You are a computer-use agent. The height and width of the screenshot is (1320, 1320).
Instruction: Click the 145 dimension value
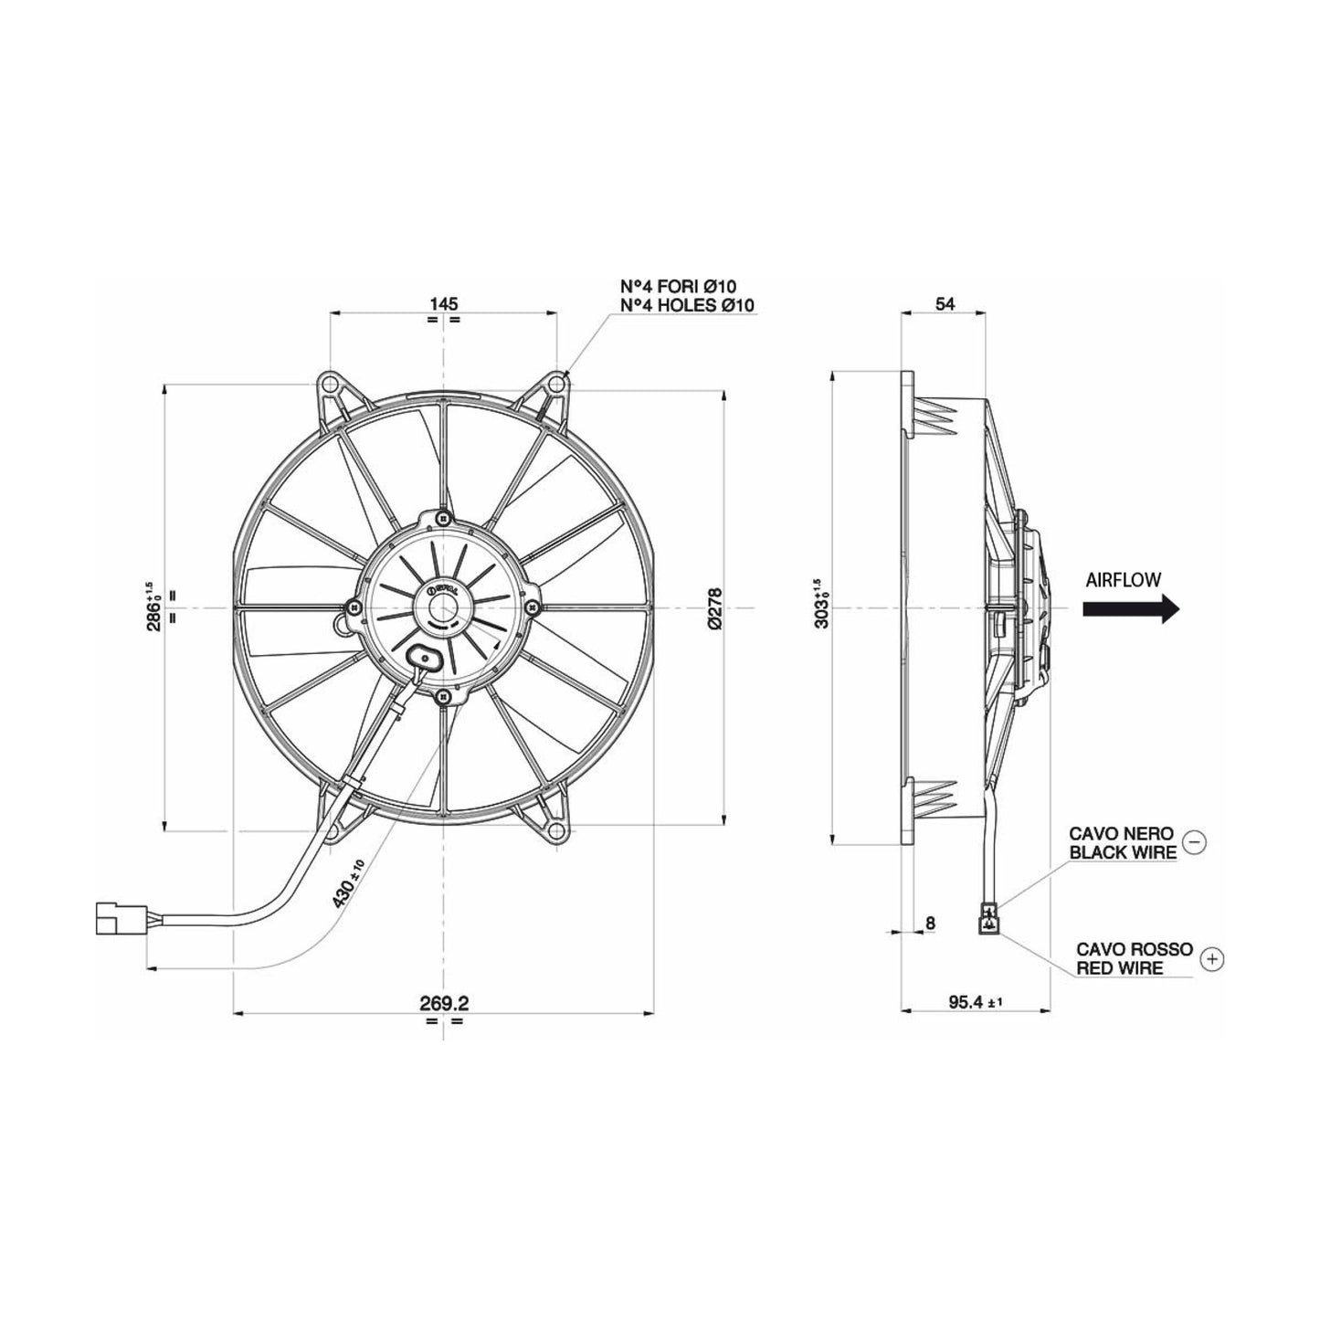tap(443, 302)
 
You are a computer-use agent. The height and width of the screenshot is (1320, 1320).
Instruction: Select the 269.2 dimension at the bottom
tap(444, 1002)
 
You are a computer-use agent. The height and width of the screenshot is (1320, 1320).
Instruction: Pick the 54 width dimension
tap(945, 303)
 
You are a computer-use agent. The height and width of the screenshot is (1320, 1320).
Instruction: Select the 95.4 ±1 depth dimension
tap(974, 1002)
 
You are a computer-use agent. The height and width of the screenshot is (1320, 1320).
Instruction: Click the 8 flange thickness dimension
tap(930, 924)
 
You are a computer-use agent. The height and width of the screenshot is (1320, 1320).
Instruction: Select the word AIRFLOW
tap(1124, 579)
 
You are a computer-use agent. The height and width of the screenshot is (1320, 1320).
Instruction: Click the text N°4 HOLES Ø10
tap(687, 305)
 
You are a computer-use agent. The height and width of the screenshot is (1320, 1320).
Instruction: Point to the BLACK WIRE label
tap(1123, 853)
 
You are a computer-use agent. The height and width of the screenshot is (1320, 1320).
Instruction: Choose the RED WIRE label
tap(1119, 967)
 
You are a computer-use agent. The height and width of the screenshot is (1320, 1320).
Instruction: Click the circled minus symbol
tap(1194, 842)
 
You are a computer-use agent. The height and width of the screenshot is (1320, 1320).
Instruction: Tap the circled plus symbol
tap(1212, 958)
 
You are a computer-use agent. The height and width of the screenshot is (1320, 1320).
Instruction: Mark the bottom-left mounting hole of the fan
tap(330, 830)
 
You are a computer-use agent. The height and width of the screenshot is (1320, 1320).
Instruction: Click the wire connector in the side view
tap(987, 919)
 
